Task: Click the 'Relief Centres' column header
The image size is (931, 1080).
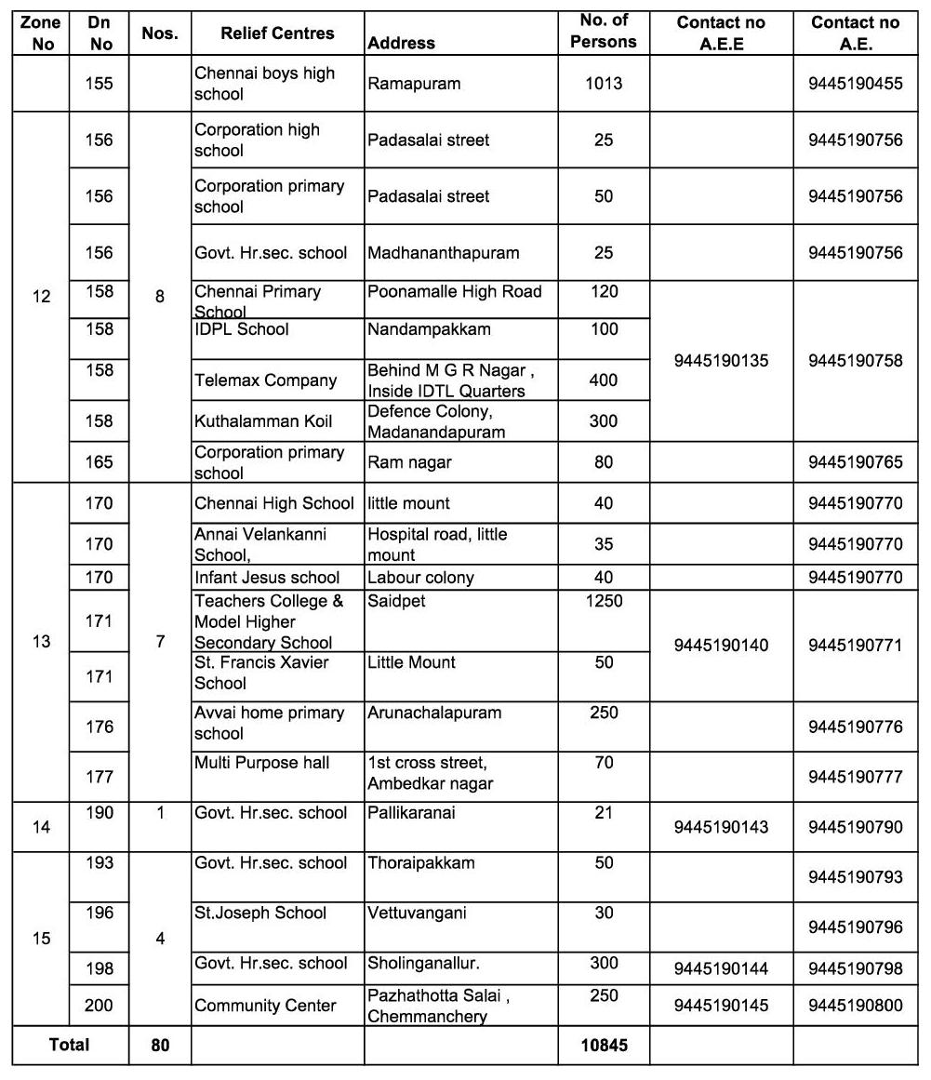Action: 277,33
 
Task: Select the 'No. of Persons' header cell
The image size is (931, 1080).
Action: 604,32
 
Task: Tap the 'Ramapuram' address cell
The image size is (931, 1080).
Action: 414,84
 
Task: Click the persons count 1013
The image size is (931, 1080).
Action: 604,84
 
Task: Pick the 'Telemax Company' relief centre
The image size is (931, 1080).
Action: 265,380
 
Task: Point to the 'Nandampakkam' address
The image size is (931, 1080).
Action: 429,329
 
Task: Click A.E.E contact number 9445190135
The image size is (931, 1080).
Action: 722,361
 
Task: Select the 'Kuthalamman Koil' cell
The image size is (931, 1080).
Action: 263,421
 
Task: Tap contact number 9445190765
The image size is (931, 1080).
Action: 856,462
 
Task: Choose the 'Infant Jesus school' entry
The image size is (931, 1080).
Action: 267,578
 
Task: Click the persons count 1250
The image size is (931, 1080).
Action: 604,601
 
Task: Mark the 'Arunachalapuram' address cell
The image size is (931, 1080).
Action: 434,713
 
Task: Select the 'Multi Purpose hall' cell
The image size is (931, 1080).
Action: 261,764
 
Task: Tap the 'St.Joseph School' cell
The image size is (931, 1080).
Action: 260,913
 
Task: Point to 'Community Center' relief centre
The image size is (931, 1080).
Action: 265,1006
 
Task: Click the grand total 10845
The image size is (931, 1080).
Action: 604,1046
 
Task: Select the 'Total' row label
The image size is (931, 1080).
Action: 70,1046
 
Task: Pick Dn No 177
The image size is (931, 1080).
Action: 99,777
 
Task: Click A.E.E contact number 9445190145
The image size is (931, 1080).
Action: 722,1006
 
